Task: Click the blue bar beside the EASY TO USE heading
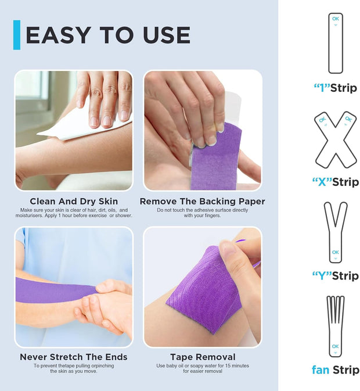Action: [17, 35]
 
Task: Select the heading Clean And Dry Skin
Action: [74, 202]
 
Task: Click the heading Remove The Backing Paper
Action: [202, 202]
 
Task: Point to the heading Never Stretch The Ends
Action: [74, 357]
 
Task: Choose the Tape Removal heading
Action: [203, 357]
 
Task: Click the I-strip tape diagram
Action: [336, 44]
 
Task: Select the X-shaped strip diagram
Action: [336, 139]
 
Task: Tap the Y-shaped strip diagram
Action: [336, 232]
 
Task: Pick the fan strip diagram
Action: [336, 325]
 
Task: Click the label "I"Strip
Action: [336, 88]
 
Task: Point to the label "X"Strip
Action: [336, 182]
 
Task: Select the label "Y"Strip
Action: [336, 275]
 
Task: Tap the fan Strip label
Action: [336, 370]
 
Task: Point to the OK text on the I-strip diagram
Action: [336, 19]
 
